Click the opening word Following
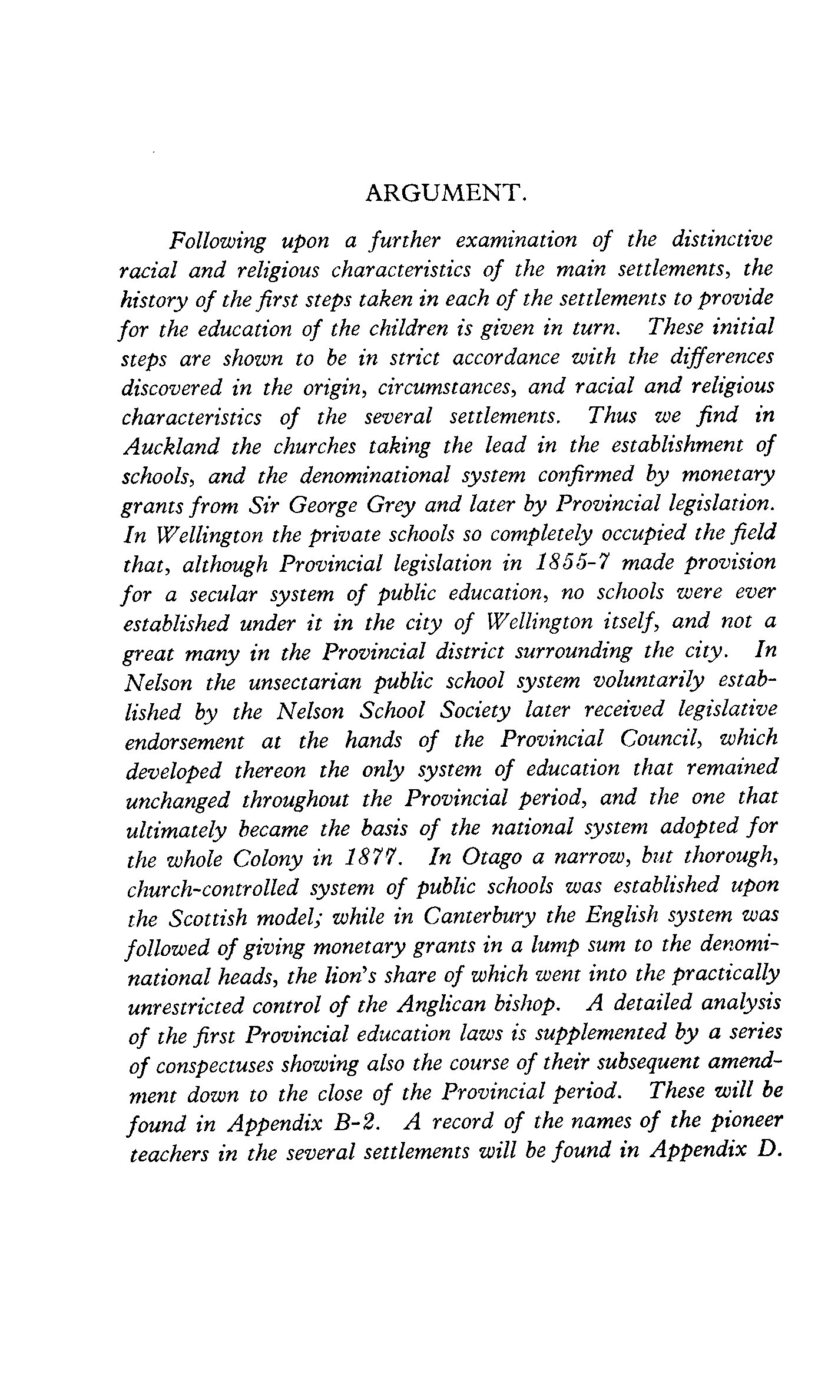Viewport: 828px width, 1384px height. point(217,241)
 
